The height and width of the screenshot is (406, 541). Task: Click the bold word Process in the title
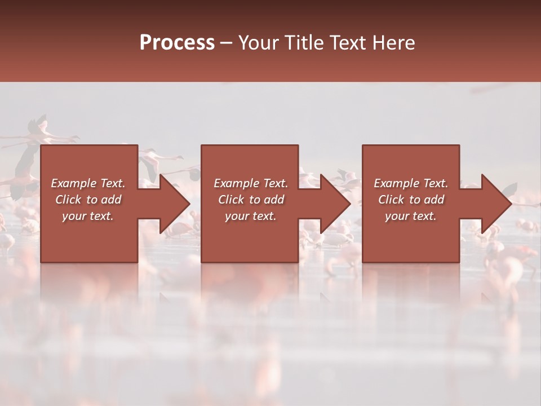point(177,43)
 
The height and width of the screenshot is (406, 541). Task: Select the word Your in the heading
point(258,43)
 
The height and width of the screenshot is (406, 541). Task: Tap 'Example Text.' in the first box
point(88,183)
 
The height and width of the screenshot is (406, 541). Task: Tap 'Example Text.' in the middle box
point(251,183)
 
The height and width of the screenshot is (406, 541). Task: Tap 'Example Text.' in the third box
point(411,183)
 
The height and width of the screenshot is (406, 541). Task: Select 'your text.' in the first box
point(87,216)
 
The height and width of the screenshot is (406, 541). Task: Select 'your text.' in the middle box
point(250,216)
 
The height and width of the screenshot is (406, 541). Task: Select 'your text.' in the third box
point(410,216)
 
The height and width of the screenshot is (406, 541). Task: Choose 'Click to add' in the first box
point(88,200)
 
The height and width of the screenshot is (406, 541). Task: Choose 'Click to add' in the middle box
point(251,200)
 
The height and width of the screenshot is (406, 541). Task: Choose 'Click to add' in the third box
point(411,200)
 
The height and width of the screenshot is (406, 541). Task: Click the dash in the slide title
point(227,43)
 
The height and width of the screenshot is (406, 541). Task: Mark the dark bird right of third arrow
point(510,191)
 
